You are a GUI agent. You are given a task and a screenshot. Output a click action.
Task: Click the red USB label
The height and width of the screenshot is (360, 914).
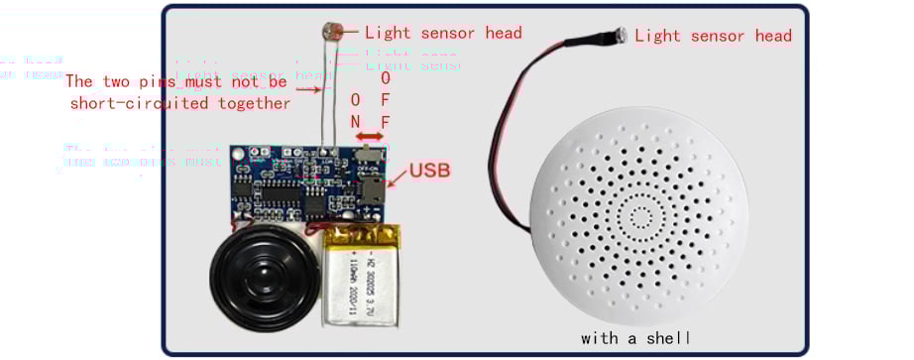click(430, 170)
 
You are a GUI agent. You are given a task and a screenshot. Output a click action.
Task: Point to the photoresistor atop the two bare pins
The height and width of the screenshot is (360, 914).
click(331, 32)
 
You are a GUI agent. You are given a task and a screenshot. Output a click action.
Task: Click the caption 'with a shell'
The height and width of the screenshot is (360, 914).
click(635, 338)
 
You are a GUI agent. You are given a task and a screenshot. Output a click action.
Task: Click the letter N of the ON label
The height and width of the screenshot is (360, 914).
click(355, 122)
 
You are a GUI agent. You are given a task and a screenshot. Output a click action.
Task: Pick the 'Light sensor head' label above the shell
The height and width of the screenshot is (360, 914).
click(714, 36)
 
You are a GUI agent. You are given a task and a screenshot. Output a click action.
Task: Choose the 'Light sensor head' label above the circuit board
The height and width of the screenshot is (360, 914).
click(443, 33)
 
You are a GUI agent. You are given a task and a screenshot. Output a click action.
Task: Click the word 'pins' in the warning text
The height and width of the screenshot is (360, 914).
click(183, 81)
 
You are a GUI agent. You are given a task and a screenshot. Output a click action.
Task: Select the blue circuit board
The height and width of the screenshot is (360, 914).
click(307, 184)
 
